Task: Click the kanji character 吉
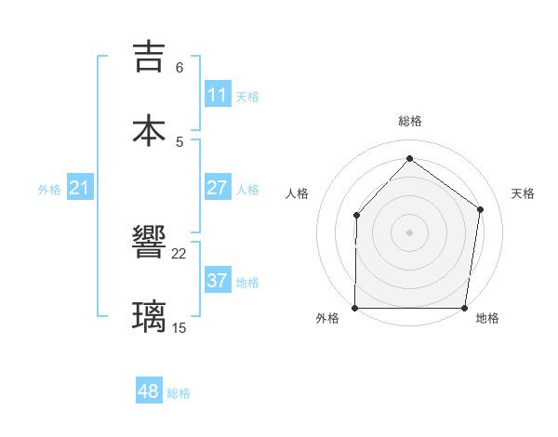click(x=150, y=57)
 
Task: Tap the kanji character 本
click(x=150, y=131)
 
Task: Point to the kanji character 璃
click(x=150, y=316)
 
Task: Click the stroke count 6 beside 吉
click(x=179, y=68)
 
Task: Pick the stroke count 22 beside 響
click(x=179, y=254)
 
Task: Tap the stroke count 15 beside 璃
click(x=179, y=327)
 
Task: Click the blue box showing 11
click(x=218, y=95)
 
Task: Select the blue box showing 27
click(x=218, y=188)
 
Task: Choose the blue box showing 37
click(x=218, y=281)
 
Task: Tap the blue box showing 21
click(x=80, y=189)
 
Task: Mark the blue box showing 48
click(x=149, y=392)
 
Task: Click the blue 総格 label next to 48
click(x=179, y=393)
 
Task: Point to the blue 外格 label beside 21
click(x=49, y=190)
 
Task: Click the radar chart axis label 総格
click(x=410, y=121)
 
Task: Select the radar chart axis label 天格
click(x=524, y=193)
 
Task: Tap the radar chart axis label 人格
click(x=297, y=193)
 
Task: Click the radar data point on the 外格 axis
click(x=355, y=308)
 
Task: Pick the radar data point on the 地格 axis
click(x=465, y=308)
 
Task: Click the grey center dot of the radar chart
click(x=410, y=232)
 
